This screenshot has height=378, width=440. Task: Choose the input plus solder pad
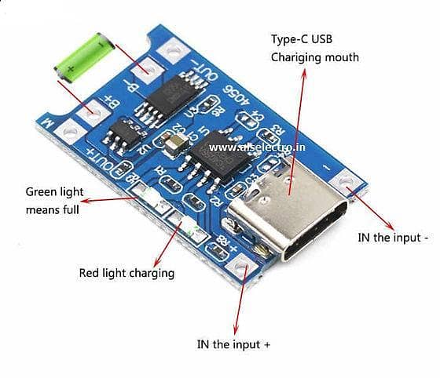[x=237, y=268]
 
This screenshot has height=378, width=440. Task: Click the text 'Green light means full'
[x=53, y=201]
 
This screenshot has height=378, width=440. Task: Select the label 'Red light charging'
[x=126, y=273]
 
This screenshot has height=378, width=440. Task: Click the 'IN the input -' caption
[x=393, y=237]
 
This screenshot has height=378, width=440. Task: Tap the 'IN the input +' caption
[x=233, y=343]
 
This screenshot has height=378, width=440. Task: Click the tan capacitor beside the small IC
[x=173, y=140]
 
